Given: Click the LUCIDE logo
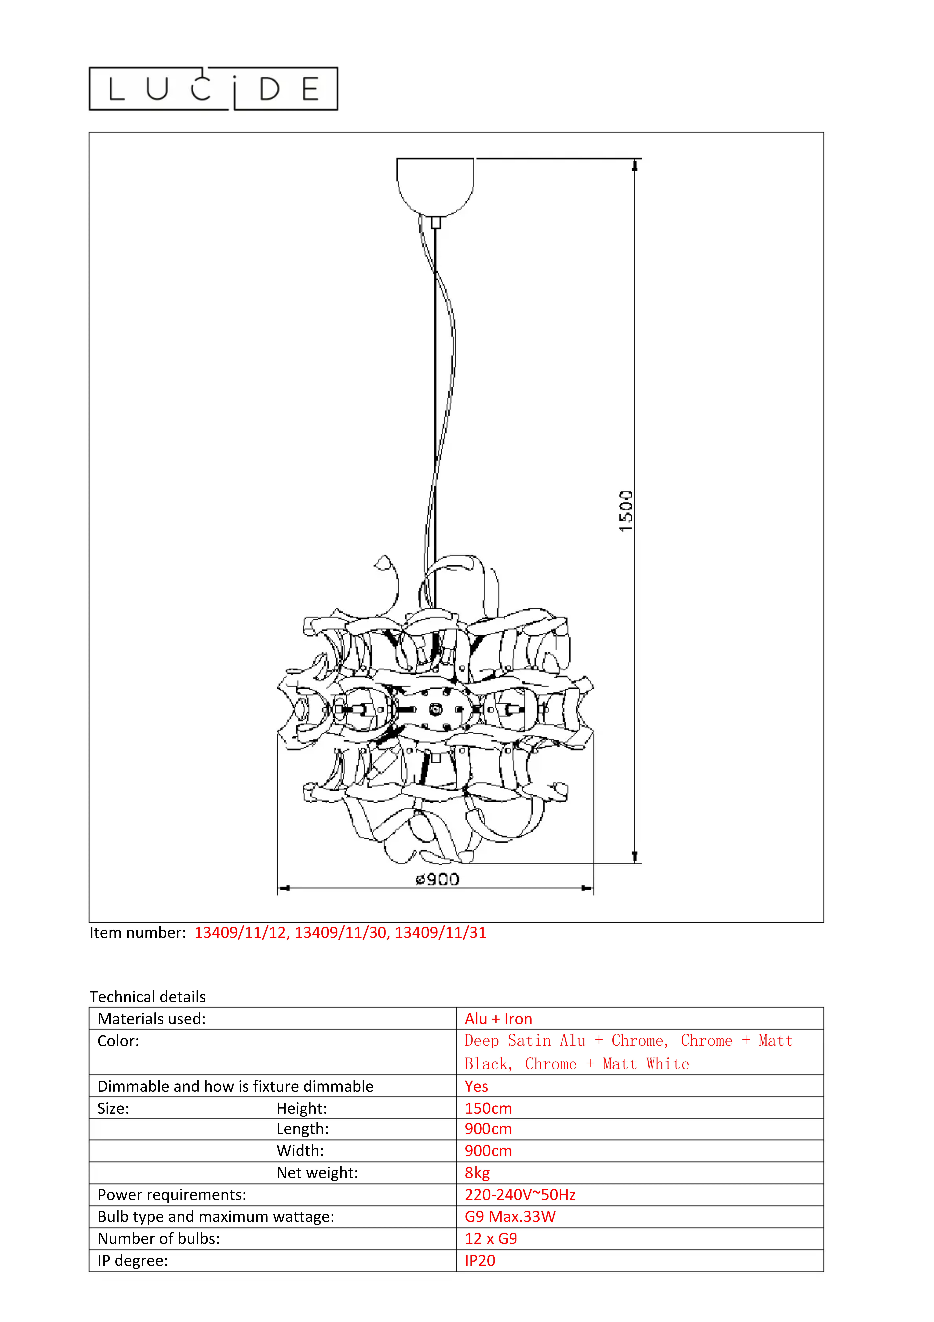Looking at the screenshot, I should pos(213,89).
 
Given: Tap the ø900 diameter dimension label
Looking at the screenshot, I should pos(438,879).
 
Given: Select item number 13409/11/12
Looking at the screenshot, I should pos(241,933).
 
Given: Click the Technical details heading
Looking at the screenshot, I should pos(147,997).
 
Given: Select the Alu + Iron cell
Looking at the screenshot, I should pos(498,1019).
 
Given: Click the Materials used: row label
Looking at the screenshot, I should pos(151,1019).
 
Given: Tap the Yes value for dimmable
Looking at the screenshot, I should pos(476,1087).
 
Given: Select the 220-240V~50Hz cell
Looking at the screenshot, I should pos(520,1195).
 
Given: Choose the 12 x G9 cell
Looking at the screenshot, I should pos(491,1238).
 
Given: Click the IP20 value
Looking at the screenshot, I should pos(480,1260).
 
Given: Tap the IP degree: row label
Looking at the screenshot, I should pos(133,1260).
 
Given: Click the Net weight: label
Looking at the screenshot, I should pos(317,1173).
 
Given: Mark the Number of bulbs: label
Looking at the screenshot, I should pos(158,1238).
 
